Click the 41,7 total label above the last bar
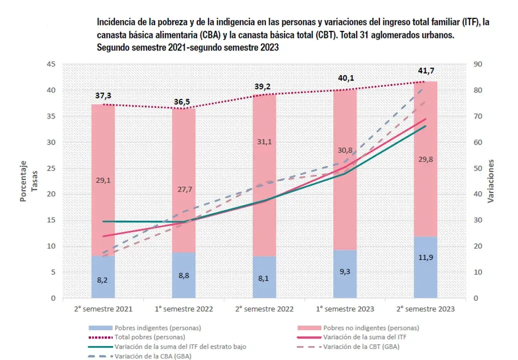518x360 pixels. pos(426,71)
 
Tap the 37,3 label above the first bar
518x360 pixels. pos(103,95)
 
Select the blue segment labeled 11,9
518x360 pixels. pos(425,267)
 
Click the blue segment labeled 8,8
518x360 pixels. pos(184,275)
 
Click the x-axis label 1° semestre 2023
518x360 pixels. pos(345,309)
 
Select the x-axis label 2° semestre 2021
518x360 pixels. pos(103,309)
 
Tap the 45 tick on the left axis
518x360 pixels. pos(51,64)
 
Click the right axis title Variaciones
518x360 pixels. pos(491,181)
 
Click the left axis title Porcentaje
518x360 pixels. pos(23,181)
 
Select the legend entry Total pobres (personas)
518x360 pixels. pos(150,337)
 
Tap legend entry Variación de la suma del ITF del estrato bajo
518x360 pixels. pos(180,346)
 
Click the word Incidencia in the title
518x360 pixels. pos(116,22)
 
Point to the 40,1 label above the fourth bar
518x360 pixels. pos(345,78)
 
